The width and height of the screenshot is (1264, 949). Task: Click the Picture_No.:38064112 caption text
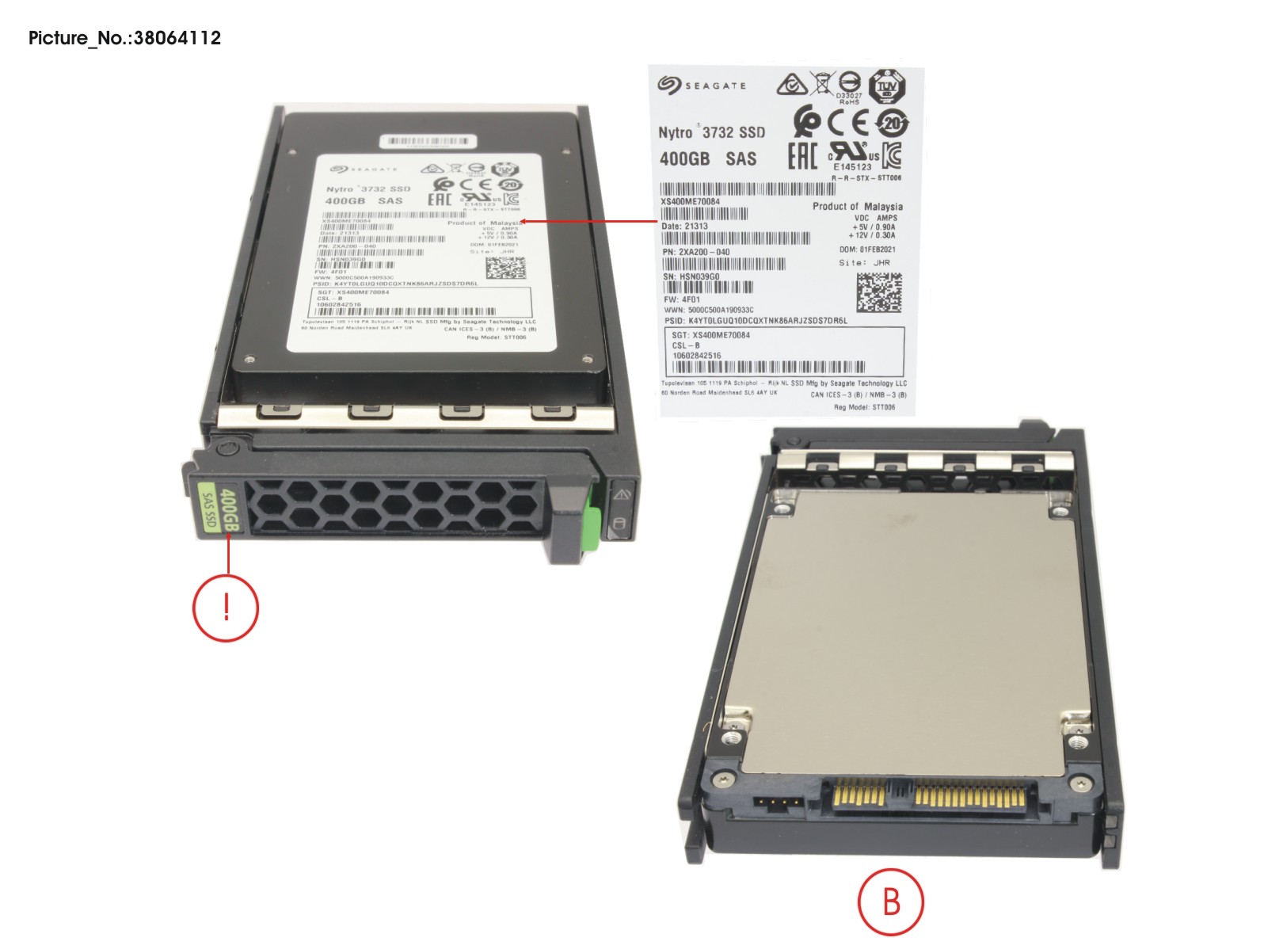(124, 37)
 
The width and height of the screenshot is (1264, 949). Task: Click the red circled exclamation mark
(226, 608)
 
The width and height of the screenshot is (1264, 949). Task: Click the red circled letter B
(891, 901)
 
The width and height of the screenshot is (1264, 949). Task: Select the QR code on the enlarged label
(878, 292)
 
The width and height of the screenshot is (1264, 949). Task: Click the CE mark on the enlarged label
(848, 122)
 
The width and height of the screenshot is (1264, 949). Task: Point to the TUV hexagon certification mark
(887, 86)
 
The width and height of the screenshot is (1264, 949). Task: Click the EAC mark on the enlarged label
(802, 155)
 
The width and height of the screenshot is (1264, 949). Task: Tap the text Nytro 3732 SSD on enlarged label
(711, 132)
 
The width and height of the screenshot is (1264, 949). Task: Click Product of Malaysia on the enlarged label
(857, 206)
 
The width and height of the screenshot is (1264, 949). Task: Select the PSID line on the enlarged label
(755, 321)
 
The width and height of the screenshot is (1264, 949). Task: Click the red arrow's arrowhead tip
(523, 223)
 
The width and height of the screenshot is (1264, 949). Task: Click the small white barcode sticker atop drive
(428, 141)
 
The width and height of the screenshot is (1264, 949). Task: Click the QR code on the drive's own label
(505, 269)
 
